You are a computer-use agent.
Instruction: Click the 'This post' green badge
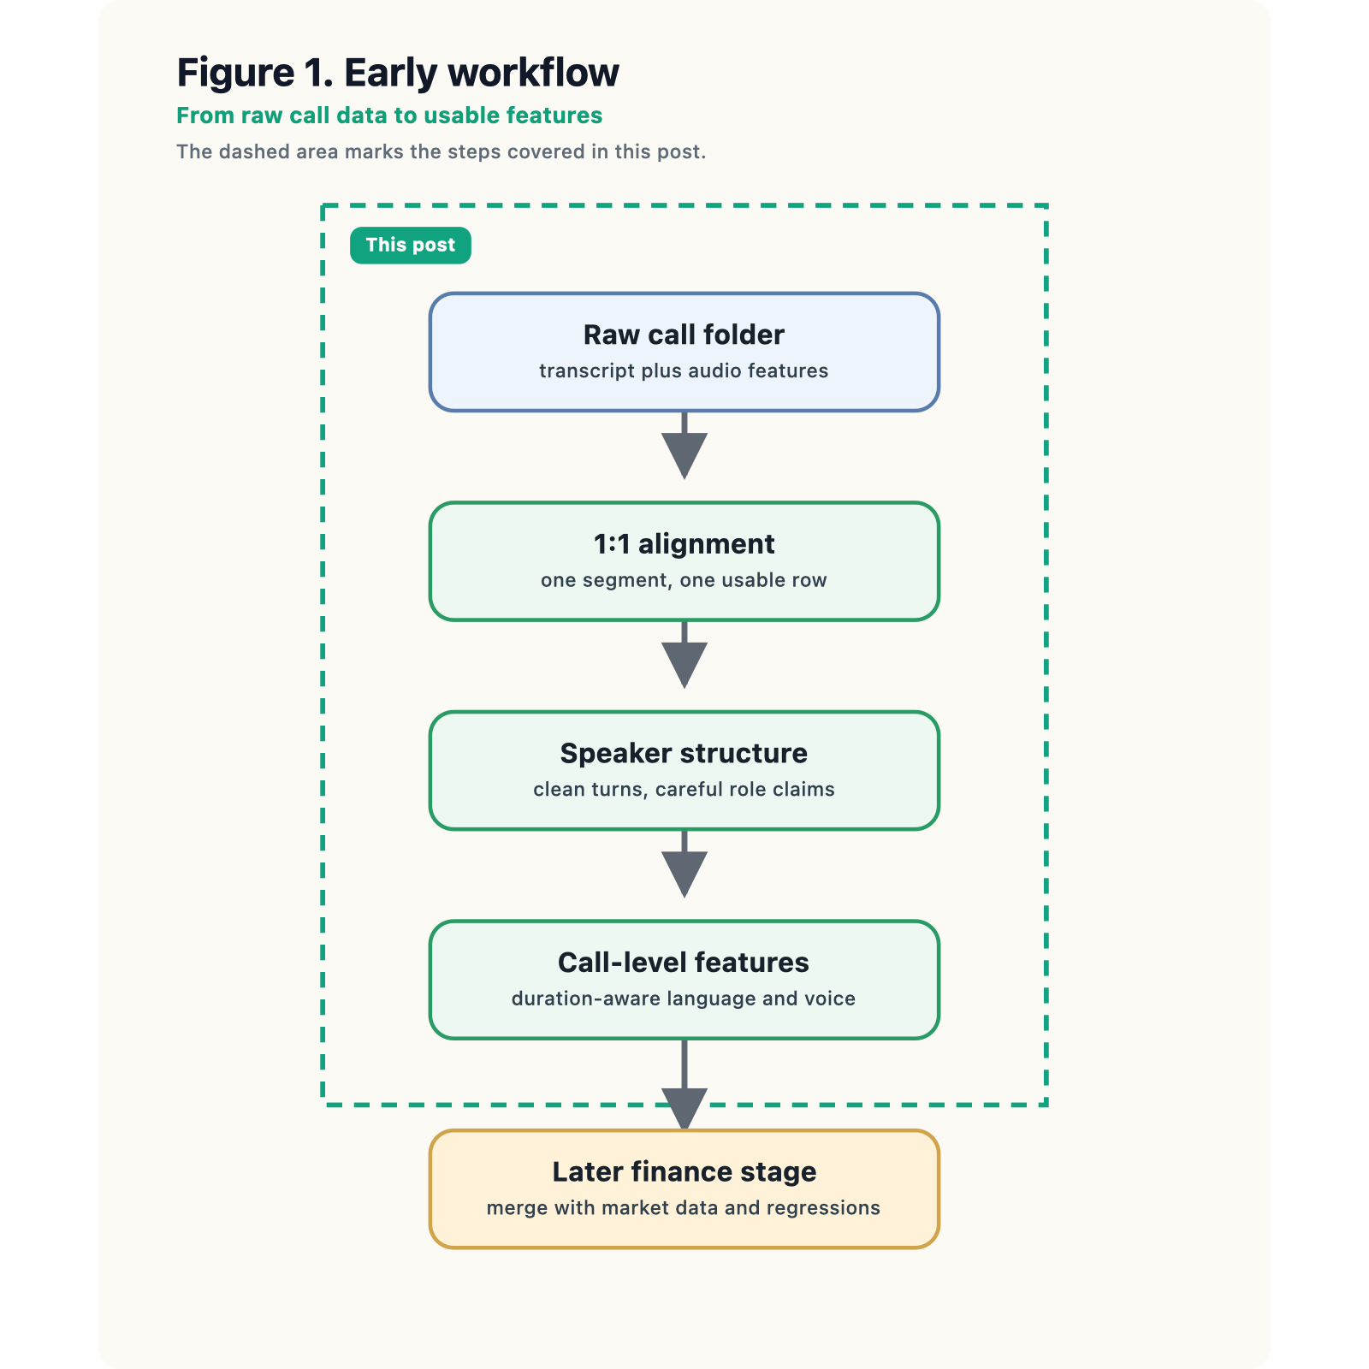[x=410, y=246]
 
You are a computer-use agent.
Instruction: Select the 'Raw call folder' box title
[x=684, y=335]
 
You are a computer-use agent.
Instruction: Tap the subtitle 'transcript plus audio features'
[x=684, y=371]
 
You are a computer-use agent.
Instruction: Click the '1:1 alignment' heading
[x=684, y=544]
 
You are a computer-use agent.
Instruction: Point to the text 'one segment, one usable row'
[x=684, y=580]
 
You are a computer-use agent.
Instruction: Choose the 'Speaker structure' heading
[x=684, y=753]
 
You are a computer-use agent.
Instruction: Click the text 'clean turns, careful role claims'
[x=684, y=789]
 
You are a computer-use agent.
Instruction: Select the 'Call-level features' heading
[x=684, y=963]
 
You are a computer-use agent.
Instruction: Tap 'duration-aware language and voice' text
[x=684, y=999]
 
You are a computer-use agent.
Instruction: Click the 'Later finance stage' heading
[x=684, y=1171]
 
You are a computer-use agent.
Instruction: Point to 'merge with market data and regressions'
[x=684, y=1208]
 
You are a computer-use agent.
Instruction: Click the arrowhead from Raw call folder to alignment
[x=684, y=453]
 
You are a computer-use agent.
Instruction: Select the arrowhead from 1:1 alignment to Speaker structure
[x=684, y=663]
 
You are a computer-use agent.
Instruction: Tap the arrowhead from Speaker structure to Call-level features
[x=684, y=873]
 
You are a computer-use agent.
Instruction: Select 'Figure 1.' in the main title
[x=255, y=73]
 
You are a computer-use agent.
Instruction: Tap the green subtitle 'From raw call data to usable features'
[x=389, y=116]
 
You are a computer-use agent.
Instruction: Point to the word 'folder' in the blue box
[x=744, y=335]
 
